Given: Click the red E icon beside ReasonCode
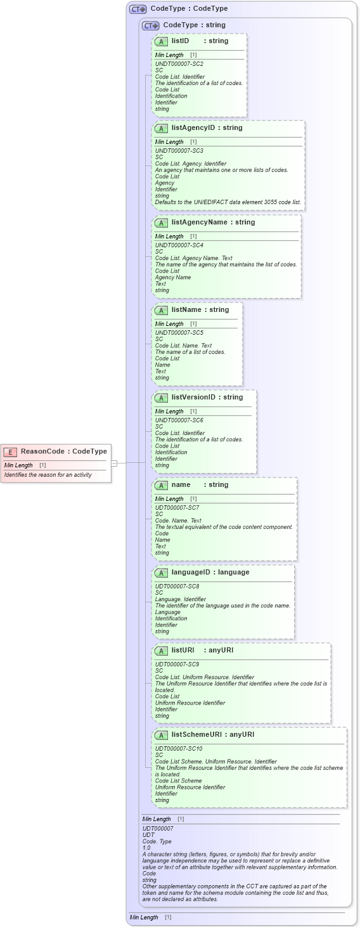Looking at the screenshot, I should tap(10, 451).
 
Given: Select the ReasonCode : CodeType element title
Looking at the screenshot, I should tap(63, 451).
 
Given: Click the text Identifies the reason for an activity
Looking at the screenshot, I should tap(48, 474).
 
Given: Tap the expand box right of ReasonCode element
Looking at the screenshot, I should tap(114, 463).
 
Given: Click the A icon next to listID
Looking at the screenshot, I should tap(162, 41).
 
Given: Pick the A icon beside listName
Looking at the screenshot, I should tap(162, 310).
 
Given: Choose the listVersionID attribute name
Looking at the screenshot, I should tap(193, 397).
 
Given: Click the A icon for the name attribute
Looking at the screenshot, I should tap(162, 485).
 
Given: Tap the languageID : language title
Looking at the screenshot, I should tap(210, 572).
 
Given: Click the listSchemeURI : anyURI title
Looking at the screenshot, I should tap(212, 734).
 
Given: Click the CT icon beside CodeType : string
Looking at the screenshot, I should tap(150, 25).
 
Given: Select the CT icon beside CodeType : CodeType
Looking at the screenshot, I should tap(138, 9).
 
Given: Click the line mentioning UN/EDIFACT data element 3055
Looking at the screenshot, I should tap(228, 202).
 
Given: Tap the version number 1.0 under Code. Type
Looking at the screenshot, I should tap(146, 848).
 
